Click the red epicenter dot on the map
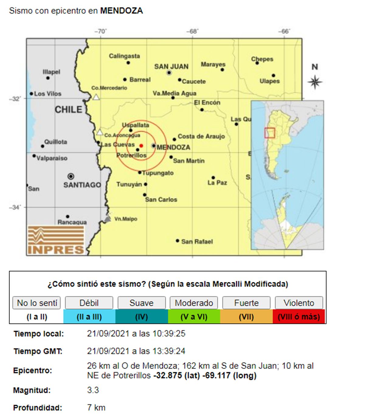click(x=141, y=146)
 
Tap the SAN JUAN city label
click(x=171, y=67)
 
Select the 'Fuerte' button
click(x=246, y=303)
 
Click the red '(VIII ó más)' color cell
click(x=299, y=317)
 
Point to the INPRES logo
click(x=56, y=240)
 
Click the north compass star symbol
click(x=315, y=82)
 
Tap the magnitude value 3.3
click(x=93, y=390)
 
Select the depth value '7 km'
click(x=96, y=407)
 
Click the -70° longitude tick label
click(x=101, y=32)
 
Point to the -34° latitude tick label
click(x=15, y=208)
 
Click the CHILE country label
click(x=68, y=110)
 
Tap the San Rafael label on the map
click(x=197, y=242)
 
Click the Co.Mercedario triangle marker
click(x=96, y=97)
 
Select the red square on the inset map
click(x=269, y=133)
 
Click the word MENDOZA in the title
click(x=121, y=11)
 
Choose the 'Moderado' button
click(x=194, y=303)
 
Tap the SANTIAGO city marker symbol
click(x=71, y=176)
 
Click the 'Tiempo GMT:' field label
click(x=38, y=351)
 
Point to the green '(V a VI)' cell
click(x=194, y=317)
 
